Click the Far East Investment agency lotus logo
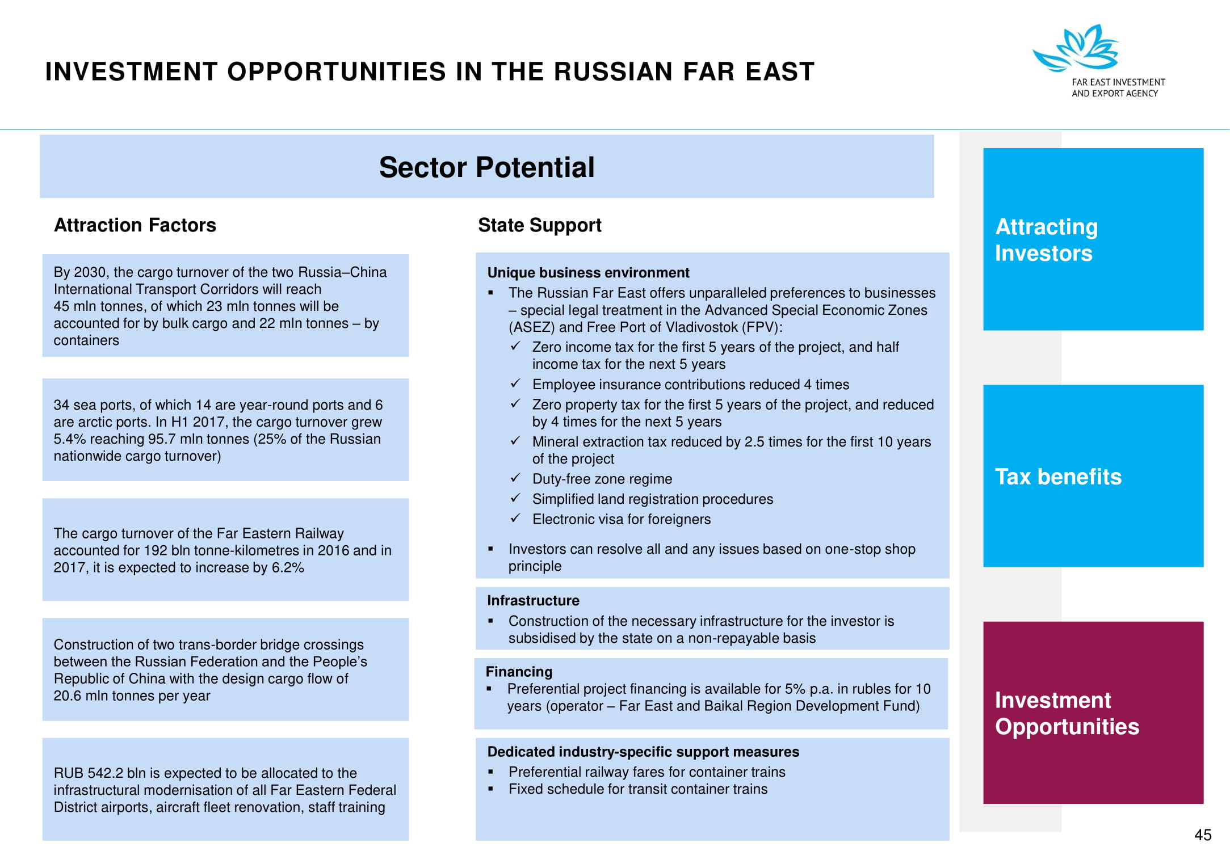pyautogui.click(x=1076, y=48)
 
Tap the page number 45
pyautogui.click(x=1203, y=835)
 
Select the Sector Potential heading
pyautogui.click(x=486, y=167)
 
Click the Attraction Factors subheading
pyautogui.click(x=135, y=225)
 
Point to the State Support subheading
pyautogui.click(x=540, y=225)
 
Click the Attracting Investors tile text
pyautogui.click(x=1047, y=240)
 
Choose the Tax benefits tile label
pyautogui.click(x=1058, y=477)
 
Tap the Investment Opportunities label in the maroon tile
pyautogui.click(x=1067, y=713)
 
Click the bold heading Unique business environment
pyautogui.click(x=588, y=272)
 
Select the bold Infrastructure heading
pyautogui.click(x=533, y=600)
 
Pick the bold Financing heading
pyautogui.click(x=519, y=672)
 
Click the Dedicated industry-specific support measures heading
pyautogui.click(x=643, y=752)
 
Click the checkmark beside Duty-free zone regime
pyautogui.click(x=515, y=478)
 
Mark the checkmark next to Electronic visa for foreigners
pyautogui.click(x=515, y=518)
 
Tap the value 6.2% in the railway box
pyautogui.click(x=288, y=567)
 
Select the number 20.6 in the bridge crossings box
pyautogui.click(x=68, y=696)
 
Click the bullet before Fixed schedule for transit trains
pyautogui.click(x=490, y=789)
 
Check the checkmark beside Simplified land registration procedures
pyautogui.click(x=515, y=498)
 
